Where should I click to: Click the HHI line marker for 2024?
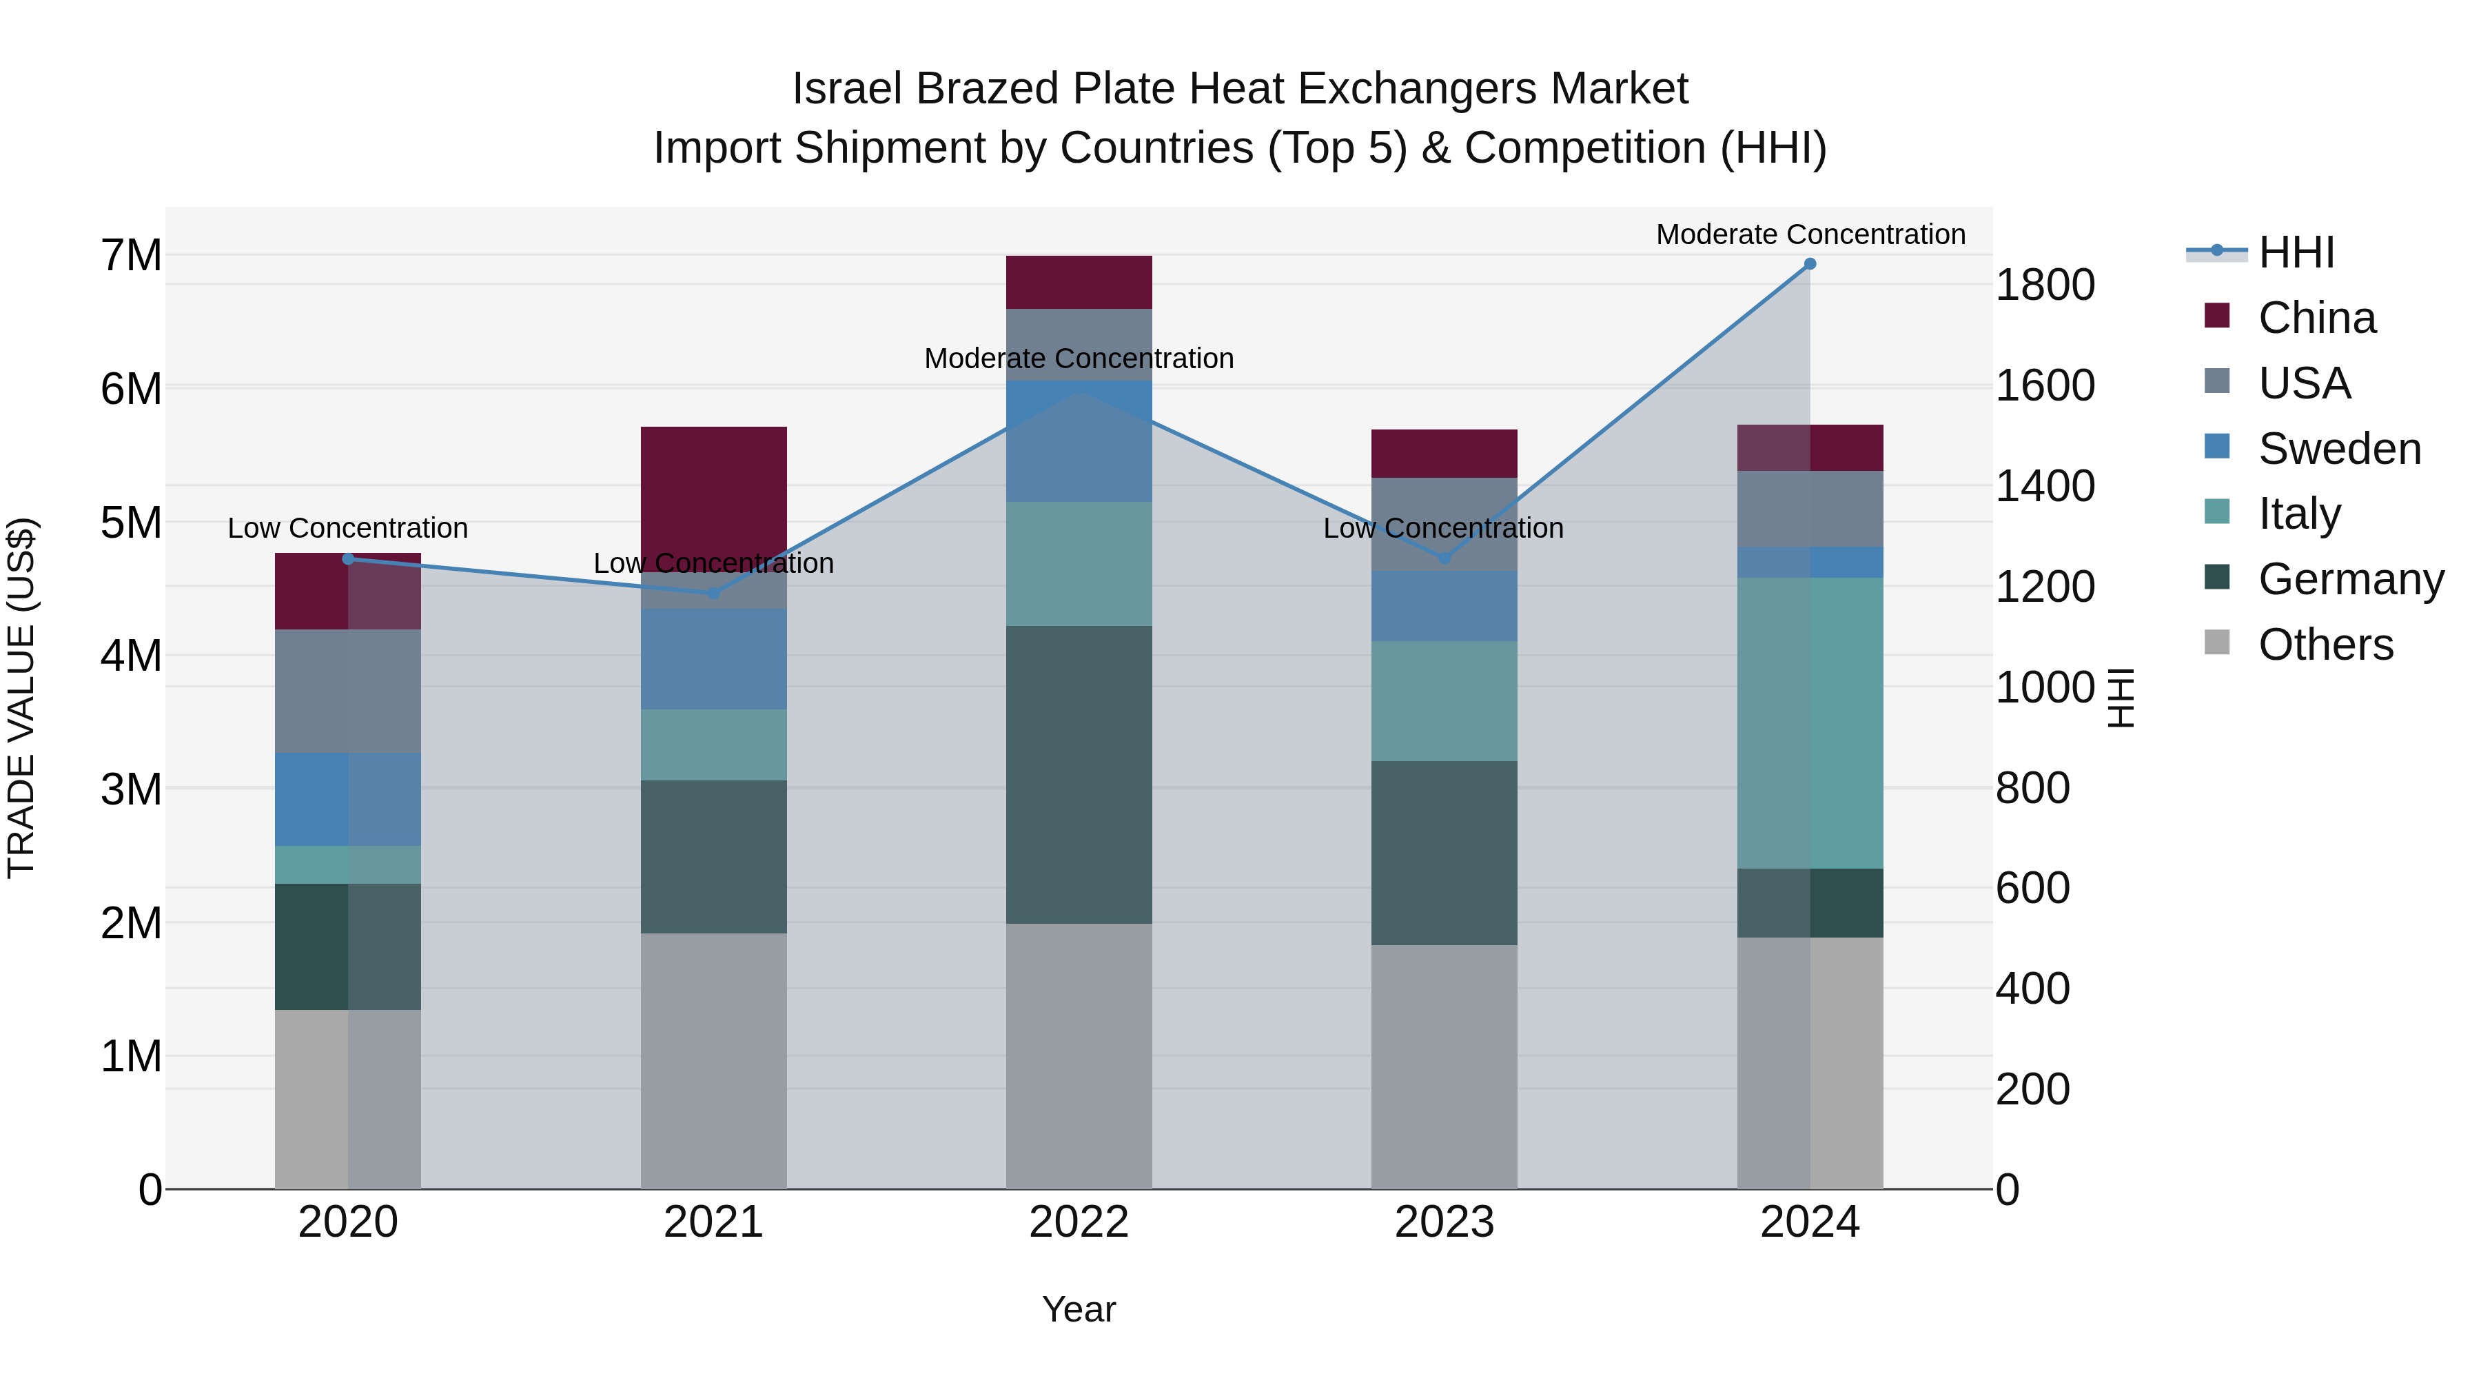(x=1810, y=264)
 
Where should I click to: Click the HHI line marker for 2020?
(x=349, y=559)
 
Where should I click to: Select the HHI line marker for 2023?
(x=1444, y=559)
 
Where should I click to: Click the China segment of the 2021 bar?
(x=714, y=492)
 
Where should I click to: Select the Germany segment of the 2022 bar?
(x=1079, y=775)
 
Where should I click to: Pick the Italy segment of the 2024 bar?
(x=1810, y=722)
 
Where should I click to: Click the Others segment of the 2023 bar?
(x=1444, y=1066)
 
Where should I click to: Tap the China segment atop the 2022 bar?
(x=1079, y=282)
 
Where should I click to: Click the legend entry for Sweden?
(x=2338, y=449)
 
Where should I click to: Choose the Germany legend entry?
(x=2350, y=579)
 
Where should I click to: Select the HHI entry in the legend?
(x=2296, y=252)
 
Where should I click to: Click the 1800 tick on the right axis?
(x=2045, y=285)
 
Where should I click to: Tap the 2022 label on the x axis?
(x=1079, y=1222)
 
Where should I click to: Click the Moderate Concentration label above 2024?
(x=1810, y=234)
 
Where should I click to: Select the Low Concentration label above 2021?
(x=714, y=564)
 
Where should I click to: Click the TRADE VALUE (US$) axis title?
(x=22, y=698)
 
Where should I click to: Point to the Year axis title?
(x=1079, y=1309)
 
